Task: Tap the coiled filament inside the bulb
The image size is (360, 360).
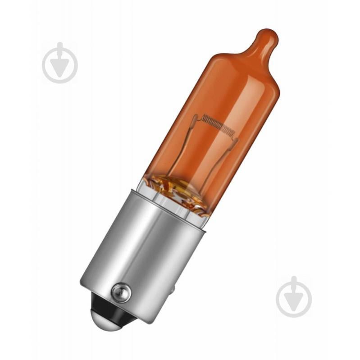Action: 219,124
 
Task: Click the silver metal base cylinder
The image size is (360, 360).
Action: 144,252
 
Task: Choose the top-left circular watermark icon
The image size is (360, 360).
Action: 60,63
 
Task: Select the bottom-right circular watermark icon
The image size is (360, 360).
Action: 294,296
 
